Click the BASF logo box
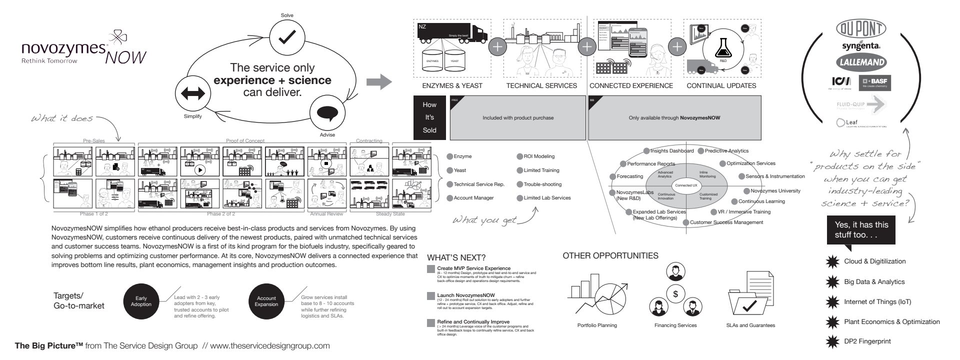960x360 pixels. point(875,82)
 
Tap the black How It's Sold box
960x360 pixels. point(429,117)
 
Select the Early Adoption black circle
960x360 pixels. point(141,301)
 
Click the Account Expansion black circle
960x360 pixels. point(266,301)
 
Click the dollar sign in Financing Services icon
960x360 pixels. point(675,294)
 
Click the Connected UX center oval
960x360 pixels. point(686,185)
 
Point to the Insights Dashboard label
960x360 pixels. point(671,151)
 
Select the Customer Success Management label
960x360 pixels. point(726,222)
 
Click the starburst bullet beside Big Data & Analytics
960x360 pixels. point(832,282)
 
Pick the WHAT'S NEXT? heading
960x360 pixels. point(456,258)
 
